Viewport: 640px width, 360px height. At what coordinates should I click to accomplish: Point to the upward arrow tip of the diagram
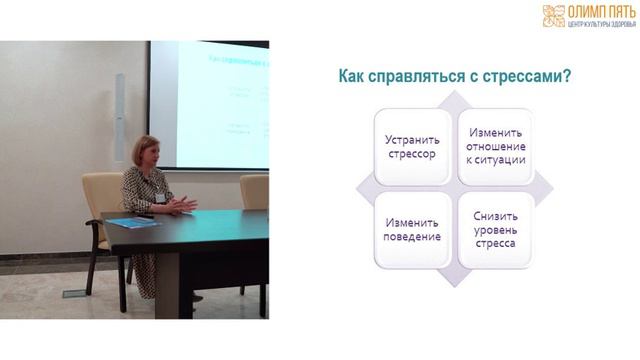pos(452,96)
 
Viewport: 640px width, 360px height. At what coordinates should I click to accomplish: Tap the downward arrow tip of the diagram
pos(452,280)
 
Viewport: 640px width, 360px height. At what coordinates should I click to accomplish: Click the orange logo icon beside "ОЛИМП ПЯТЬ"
pos(553,15)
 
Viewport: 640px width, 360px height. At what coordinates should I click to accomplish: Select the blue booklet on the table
pos(132,222)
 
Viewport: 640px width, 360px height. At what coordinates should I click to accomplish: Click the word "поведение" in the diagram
pos(410,237)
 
